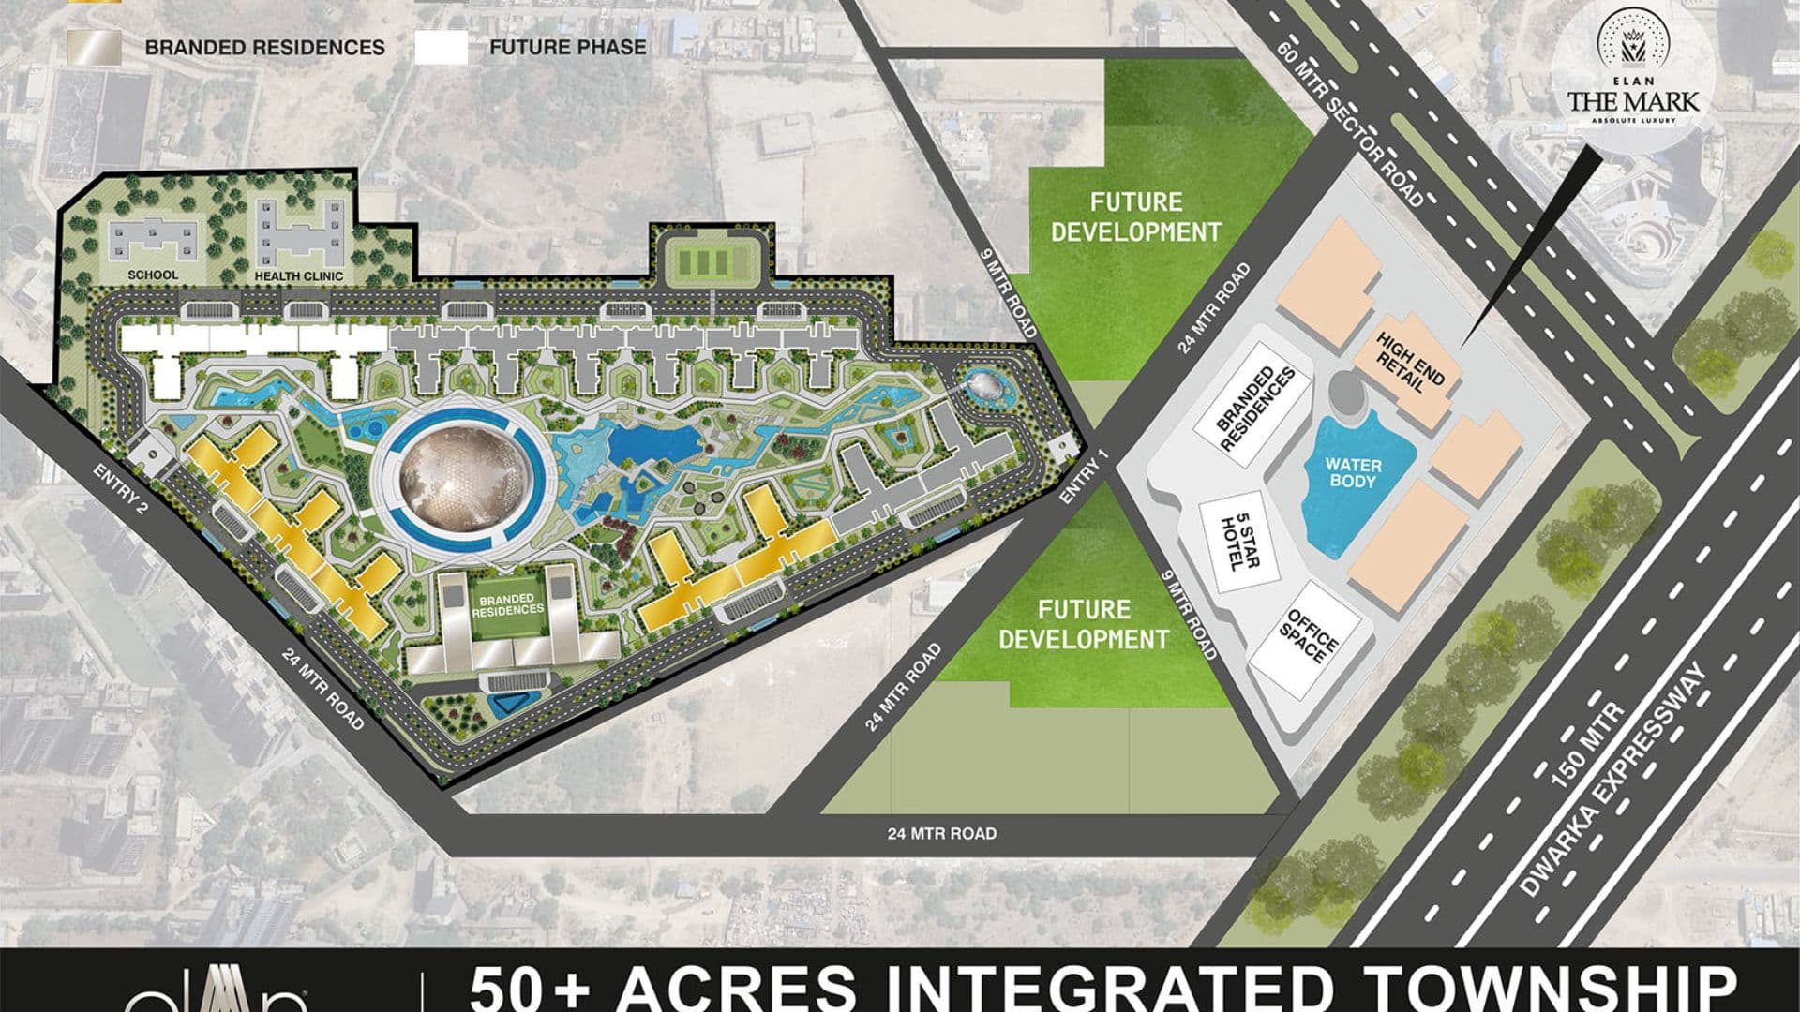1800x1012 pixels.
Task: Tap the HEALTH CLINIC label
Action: click(x=299, y=276)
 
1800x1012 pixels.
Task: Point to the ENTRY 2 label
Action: click(x=123, y=489)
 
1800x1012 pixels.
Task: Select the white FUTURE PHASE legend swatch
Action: click(x=441, y=48)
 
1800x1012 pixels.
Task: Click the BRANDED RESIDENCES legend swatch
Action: click(x=93, y=48)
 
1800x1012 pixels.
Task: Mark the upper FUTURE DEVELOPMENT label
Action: click(x=1135, y=216)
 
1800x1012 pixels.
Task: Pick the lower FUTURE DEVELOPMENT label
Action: click(x=1084, y=625)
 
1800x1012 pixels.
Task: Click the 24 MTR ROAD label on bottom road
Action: click(x=941, y=833)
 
